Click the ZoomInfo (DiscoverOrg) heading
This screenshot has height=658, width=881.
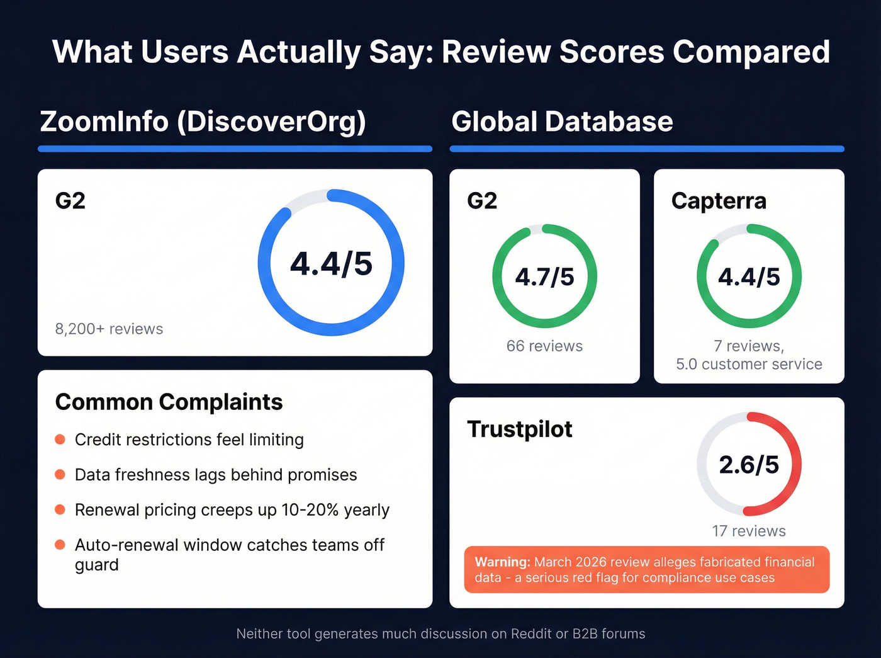(203, 122)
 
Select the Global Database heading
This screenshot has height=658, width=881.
(562, 122)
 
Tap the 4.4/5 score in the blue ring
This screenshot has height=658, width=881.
(331, 263)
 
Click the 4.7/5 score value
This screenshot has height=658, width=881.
(544, 277)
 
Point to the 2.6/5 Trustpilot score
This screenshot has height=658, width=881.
(749, 465)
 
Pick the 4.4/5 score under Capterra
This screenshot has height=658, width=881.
(749, 277)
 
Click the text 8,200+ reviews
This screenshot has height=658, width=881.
(109, 329)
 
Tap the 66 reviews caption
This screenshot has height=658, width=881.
(544, 346)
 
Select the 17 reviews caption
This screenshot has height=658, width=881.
(749, 531)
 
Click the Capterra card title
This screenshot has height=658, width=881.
(719, 201)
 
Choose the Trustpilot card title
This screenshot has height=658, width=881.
(520, 429)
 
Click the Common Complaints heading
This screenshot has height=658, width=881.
(169, 402)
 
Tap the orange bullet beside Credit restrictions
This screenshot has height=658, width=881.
(60, 440)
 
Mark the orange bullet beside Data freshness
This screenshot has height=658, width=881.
(60, 474)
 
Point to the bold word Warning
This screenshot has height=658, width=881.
(502, 562)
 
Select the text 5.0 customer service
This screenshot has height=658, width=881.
(749, 364)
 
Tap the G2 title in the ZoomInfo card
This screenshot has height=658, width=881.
(70, 201)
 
